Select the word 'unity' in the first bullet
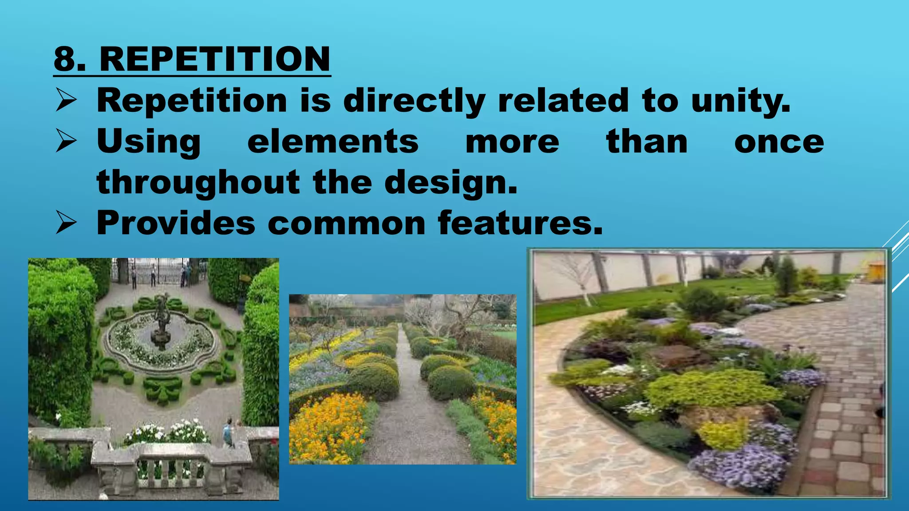pos(739,101)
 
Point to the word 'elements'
pos(333,142)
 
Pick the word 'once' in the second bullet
pos(779,142)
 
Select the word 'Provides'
pos(176,223)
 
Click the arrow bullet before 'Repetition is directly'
pos(67,100)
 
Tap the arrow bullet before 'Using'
pos(67,142)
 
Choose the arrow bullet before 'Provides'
pos(67,223)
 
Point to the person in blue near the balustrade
pos(228,432)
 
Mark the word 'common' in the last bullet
pos(347,223)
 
